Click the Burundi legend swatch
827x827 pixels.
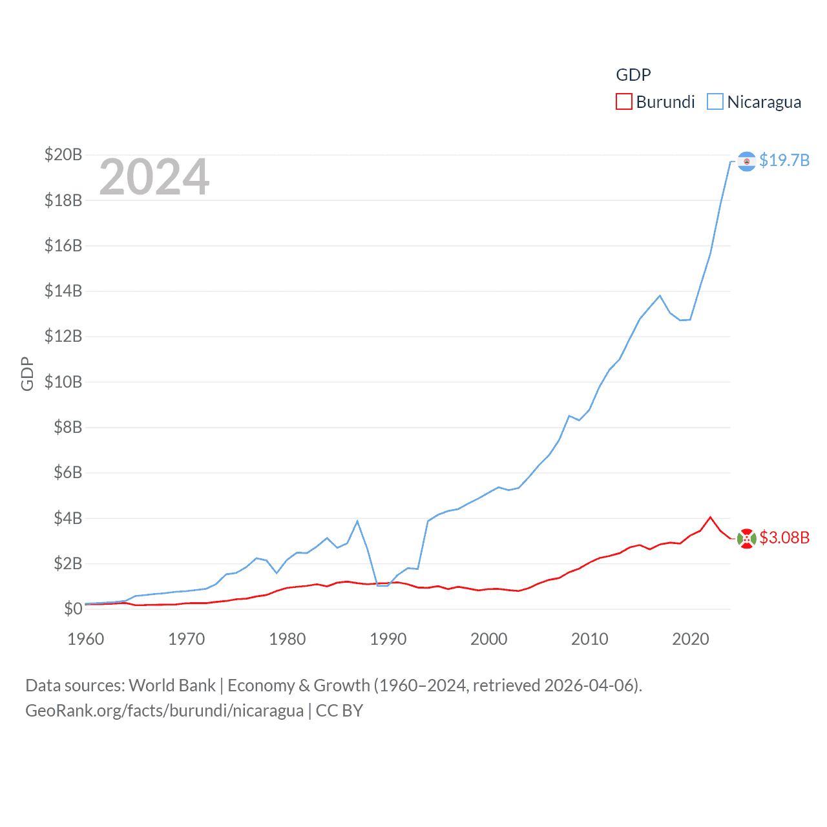[623, 102]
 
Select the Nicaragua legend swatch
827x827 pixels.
[715, 102]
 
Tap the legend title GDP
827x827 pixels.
[633, 75]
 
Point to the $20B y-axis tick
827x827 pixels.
[63, 154]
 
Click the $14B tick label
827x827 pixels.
[63, 291]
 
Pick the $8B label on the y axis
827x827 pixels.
[68, 427]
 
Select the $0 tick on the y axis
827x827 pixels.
[73, 609]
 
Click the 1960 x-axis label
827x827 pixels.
[85, 639]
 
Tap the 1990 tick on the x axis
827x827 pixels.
[388, 639]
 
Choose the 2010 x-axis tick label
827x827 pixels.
[589, 639]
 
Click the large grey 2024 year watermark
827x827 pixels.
[154, 177]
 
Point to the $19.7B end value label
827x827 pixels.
[784, 160]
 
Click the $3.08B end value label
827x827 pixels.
[784, 538]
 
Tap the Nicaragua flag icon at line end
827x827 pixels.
[746, 161]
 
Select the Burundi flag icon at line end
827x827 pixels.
[746, 538]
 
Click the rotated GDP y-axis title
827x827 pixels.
[27, 373]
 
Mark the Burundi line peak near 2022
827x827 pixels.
[711, 517]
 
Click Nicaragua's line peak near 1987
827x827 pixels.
[357, 521]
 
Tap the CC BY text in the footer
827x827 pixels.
[339, 711]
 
